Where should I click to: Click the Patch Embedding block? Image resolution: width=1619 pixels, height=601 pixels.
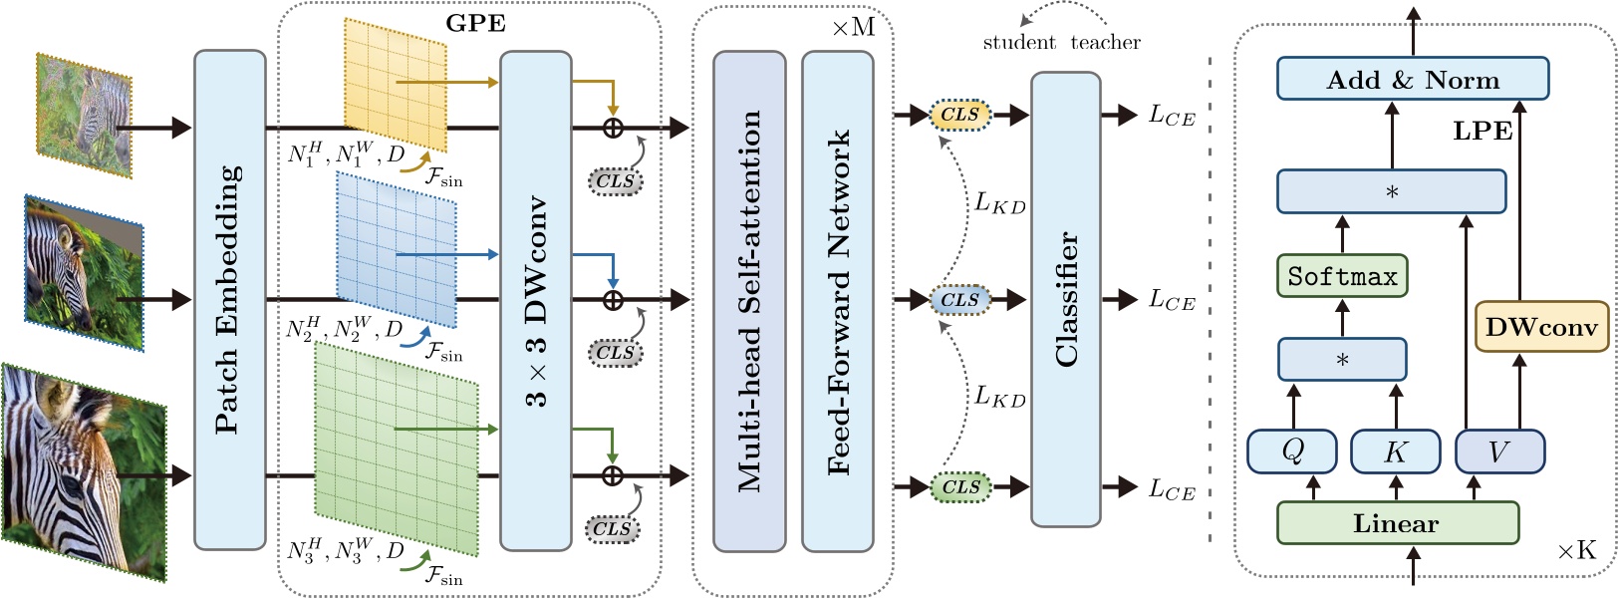(x=229, y=299)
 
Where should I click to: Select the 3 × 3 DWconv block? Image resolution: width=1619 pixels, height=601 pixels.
(x=535, y=299)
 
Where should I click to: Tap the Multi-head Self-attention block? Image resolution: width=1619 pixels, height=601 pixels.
(x=749, y=299)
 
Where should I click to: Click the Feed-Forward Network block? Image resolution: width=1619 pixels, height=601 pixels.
(x=838, y=299)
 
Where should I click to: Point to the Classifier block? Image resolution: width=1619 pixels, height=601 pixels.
(x=1065, y=299)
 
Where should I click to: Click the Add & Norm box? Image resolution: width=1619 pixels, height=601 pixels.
(x=1412, y=79)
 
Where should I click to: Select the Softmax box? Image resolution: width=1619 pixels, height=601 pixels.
(x=1341, y=276)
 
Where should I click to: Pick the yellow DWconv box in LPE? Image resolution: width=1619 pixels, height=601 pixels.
(x=1540, y=327)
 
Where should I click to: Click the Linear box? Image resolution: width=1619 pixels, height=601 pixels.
(x=1396, y=523)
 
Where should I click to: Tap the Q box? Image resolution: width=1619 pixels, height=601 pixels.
(x=1292, y=451)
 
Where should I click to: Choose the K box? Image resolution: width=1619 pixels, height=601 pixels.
(x=1395, y=451)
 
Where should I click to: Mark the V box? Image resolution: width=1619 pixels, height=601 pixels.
(x=1498, y=451)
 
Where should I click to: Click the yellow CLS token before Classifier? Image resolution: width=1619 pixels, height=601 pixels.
(x=959, y=115)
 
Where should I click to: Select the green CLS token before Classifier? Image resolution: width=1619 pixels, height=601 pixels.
(x=960, y=487)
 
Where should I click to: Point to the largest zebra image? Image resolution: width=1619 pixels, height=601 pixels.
(x=83, y=473)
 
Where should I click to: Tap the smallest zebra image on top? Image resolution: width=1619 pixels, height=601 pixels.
(x=84, y=115)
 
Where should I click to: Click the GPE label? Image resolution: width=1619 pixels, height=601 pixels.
(x=475, y=23)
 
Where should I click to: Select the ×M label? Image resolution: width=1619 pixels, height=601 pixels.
(x=853, y=27)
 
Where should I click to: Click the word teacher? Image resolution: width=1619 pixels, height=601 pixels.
(x=1105, y=43)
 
